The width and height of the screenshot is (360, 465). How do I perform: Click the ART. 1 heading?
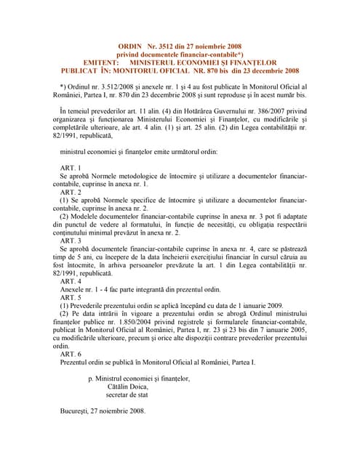[71, 167]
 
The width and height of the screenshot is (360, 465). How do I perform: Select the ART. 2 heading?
[71, 192]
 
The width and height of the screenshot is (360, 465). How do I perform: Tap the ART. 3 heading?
[71, 240]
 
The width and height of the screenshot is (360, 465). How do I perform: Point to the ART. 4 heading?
[71, 280]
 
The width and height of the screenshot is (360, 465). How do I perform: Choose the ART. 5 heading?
[71, 296]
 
